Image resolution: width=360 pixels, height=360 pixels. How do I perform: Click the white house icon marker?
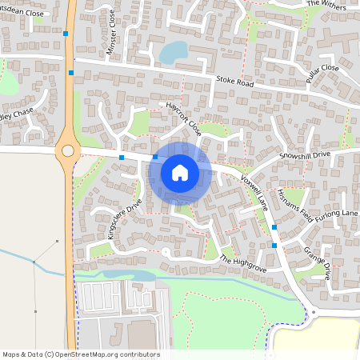tap(180, 172)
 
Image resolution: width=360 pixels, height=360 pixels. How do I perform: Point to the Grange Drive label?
tap(318, 262)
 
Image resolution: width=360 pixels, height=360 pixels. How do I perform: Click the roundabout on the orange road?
tap(68, 150)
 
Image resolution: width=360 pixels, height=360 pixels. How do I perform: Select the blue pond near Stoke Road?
tap(172, 53)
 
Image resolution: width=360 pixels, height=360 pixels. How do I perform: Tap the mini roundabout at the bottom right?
tap(314, 312)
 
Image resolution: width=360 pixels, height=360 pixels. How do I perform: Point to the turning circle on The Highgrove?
tap(165, 253)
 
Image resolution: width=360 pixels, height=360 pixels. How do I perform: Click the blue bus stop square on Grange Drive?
tap(274, 244)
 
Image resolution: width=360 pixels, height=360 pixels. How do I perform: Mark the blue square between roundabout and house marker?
tap(122, 158)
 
